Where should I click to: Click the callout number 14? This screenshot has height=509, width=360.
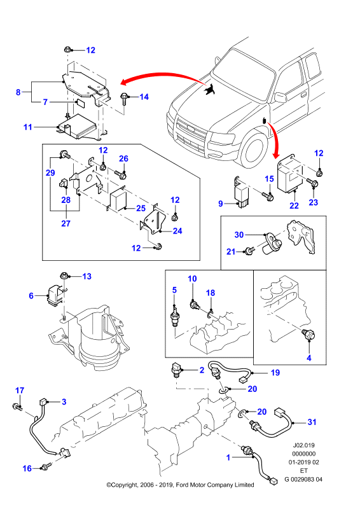click(144, 97)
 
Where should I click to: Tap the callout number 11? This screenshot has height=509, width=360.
click(28, 127)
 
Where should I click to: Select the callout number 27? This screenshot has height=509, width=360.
click(66, 223)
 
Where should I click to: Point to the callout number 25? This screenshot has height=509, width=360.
click(141, 208)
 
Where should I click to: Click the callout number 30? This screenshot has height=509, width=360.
click(239, 234)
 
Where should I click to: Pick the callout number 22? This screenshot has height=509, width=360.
click(294, 206)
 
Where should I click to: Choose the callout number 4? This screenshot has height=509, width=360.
click(309, 358)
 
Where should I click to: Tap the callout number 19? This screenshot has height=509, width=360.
click(275, 373)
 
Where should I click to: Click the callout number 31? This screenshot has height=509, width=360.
click(312, 422)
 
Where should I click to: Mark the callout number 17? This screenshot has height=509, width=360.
click(20, 390)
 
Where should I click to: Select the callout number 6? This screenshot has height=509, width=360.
click(31, 295)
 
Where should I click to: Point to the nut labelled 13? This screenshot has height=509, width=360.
click(64, 277)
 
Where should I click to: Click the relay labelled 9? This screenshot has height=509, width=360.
click(241, 194)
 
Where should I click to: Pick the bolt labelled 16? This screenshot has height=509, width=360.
click(45, 466)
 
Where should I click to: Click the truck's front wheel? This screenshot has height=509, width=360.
click(256, 151)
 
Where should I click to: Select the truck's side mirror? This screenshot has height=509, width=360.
click(279, 97)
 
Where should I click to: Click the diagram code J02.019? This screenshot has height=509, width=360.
click(303, 445)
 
